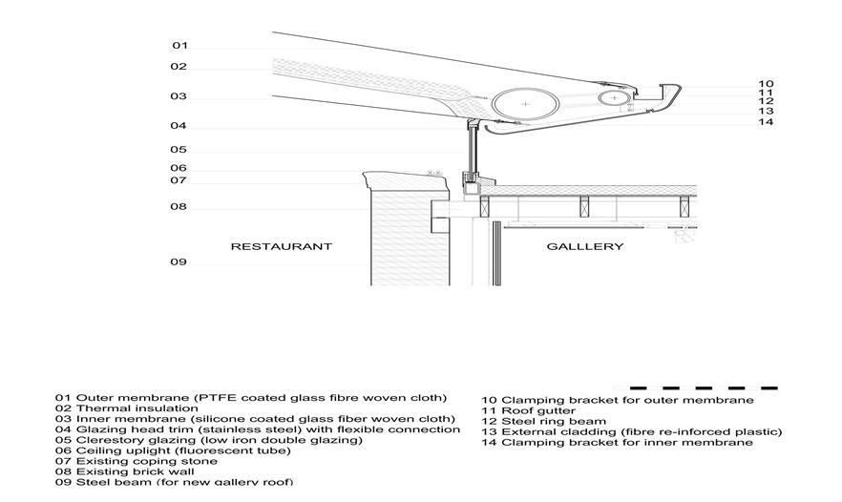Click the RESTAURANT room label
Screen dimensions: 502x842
click(281, 246)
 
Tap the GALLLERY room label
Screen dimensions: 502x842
click(585, 246)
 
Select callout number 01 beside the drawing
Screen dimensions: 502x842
click(179, 46)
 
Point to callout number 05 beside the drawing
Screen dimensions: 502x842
click(179, 150)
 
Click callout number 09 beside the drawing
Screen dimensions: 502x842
click(179, 262)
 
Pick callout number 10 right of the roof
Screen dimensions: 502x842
click(766, 84)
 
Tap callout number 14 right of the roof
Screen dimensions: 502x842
click(766, 121)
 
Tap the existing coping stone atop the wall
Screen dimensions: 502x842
click(392, 178)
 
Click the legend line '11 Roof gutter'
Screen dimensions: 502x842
click(528, 410)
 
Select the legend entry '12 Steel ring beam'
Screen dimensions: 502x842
click(543, 421)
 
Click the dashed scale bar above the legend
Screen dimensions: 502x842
click(704, 388)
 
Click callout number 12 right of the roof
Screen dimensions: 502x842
click(766, 101)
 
